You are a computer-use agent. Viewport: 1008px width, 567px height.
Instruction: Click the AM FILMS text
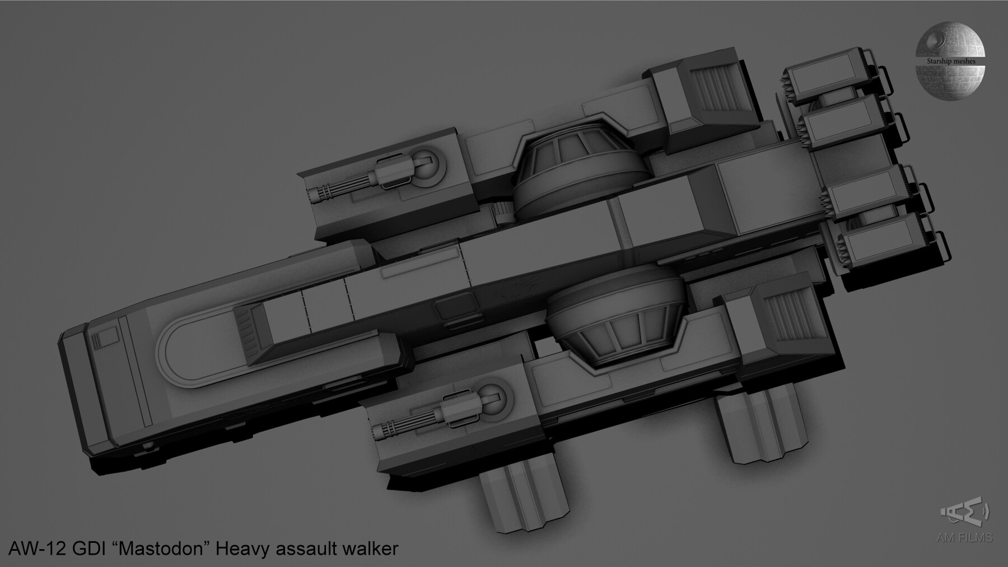[x=964, y=538]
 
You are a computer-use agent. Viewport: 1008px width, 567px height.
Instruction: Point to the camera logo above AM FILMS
[x=965, y=513]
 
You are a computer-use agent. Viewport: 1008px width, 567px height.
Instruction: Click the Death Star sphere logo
[x=950, y=62]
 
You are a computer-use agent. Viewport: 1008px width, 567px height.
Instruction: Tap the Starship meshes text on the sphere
[x=950, y=61]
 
